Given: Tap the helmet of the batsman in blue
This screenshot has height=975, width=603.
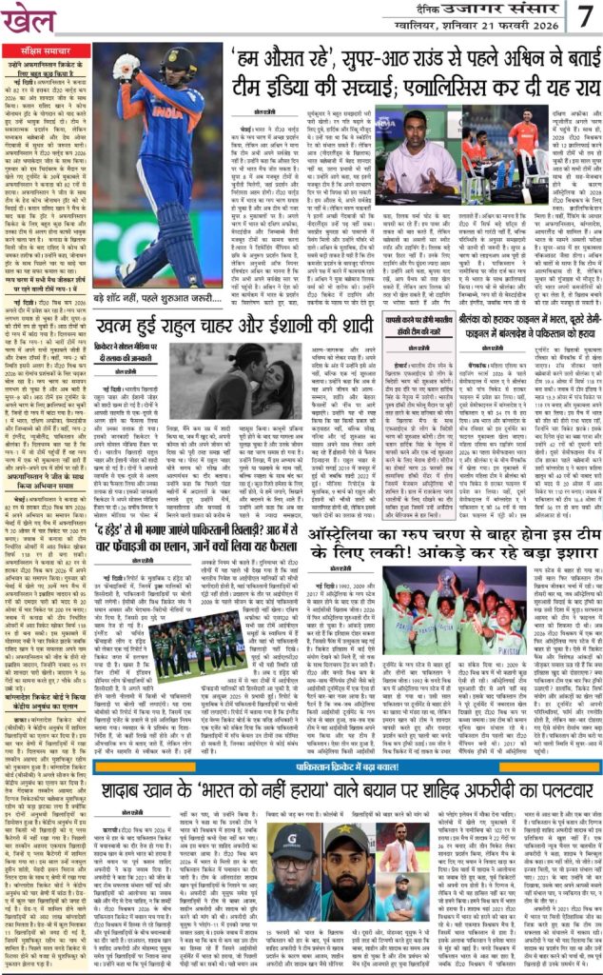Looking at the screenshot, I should tap(179, 64).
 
